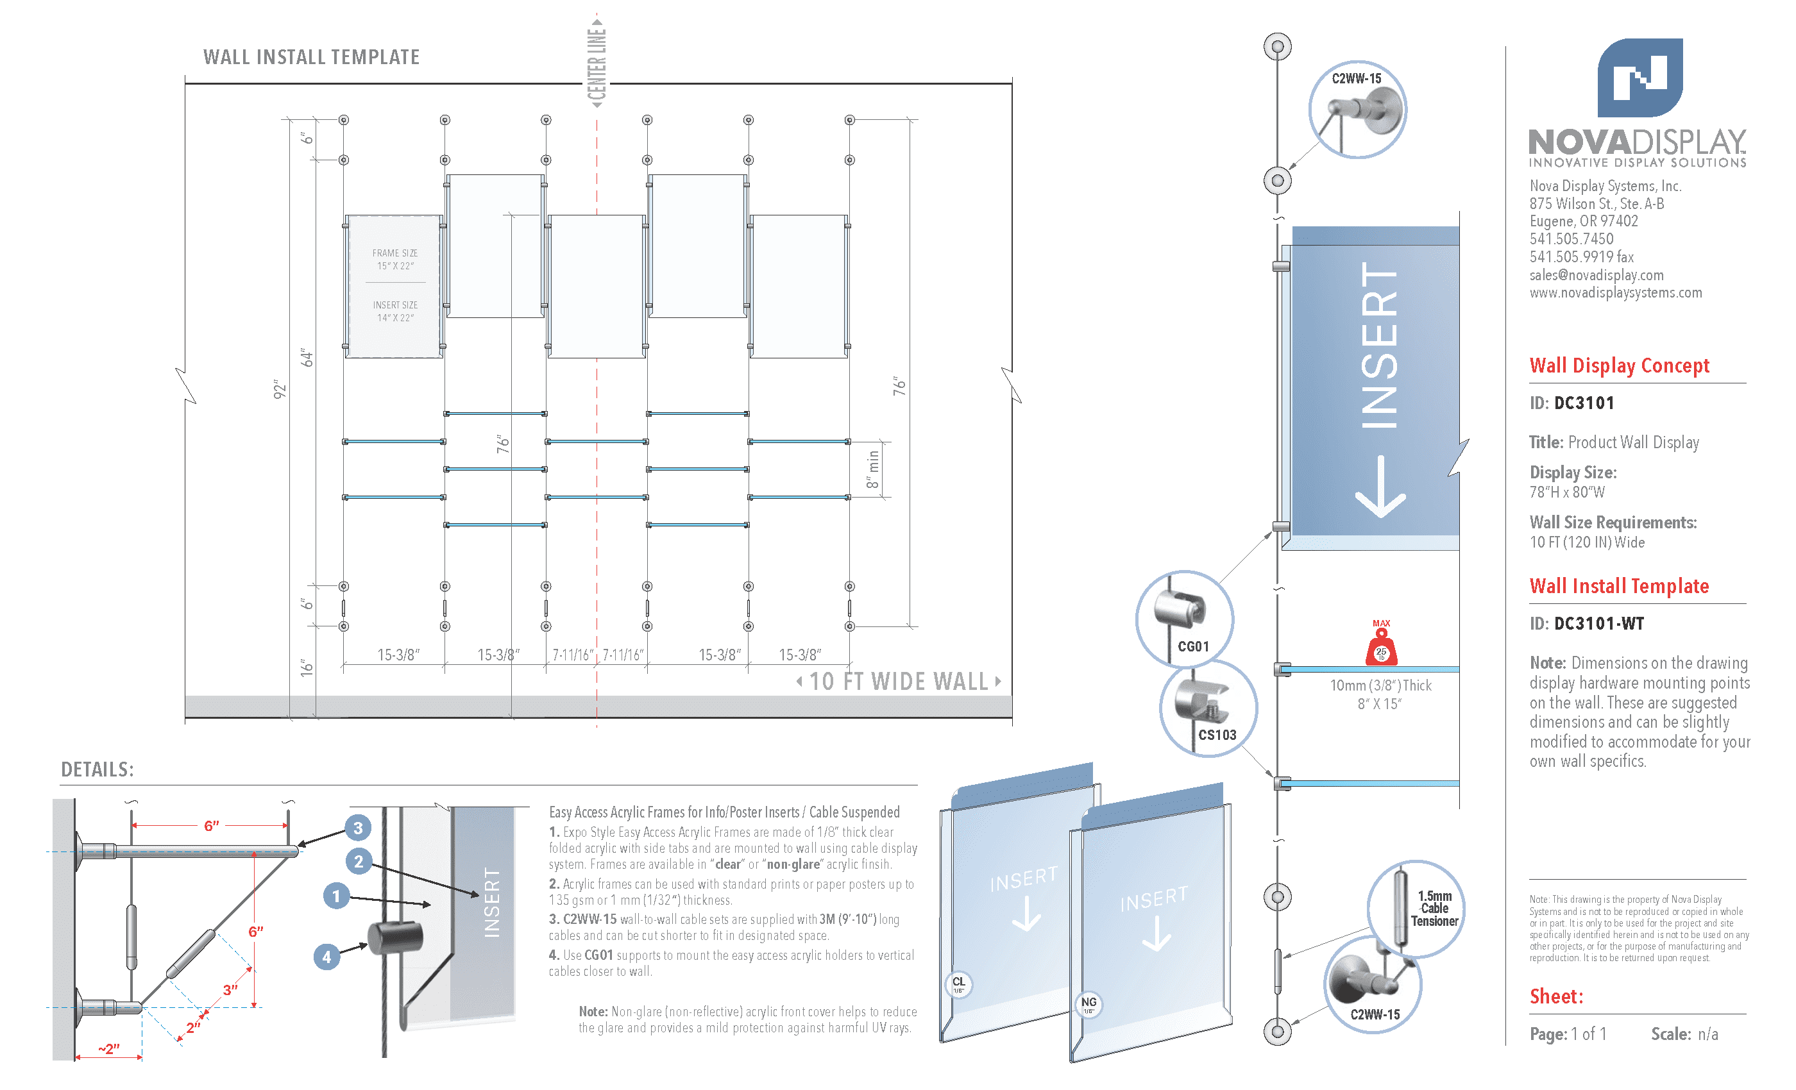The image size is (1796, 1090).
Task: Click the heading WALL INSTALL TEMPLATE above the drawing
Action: [311, 57]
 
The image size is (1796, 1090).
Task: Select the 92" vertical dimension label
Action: [280, 389]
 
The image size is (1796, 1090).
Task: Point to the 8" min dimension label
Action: [872, 469]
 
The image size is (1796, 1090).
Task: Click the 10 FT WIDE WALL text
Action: [899, 681]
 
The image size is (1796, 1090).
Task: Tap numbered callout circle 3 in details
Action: [358, 828]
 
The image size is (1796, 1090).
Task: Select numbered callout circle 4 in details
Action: [326, 957]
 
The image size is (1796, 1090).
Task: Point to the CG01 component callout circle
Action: [1185, 619]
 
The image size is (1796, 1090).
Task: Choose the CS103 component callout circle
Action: [1208, 709]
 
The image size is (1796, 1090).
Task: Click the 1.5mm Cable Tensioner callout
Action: [1416, 909]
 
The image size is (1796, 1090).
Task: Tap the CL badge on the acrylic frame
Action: [958, 984]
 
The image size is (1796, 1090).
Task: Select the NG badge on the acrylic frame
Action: [1089, 1004]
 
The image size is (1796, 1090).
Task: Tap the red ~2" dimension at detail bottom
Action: [109, 1048]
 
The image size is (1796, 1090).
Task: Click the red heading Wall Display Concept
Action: [1619, 365]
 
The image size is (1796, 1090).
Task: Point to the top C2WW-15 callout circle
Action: [1357, 109]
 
